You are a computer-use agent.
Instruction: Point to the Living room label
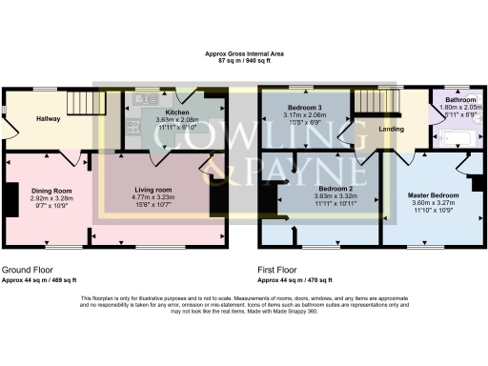click(x=153, y=191)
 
